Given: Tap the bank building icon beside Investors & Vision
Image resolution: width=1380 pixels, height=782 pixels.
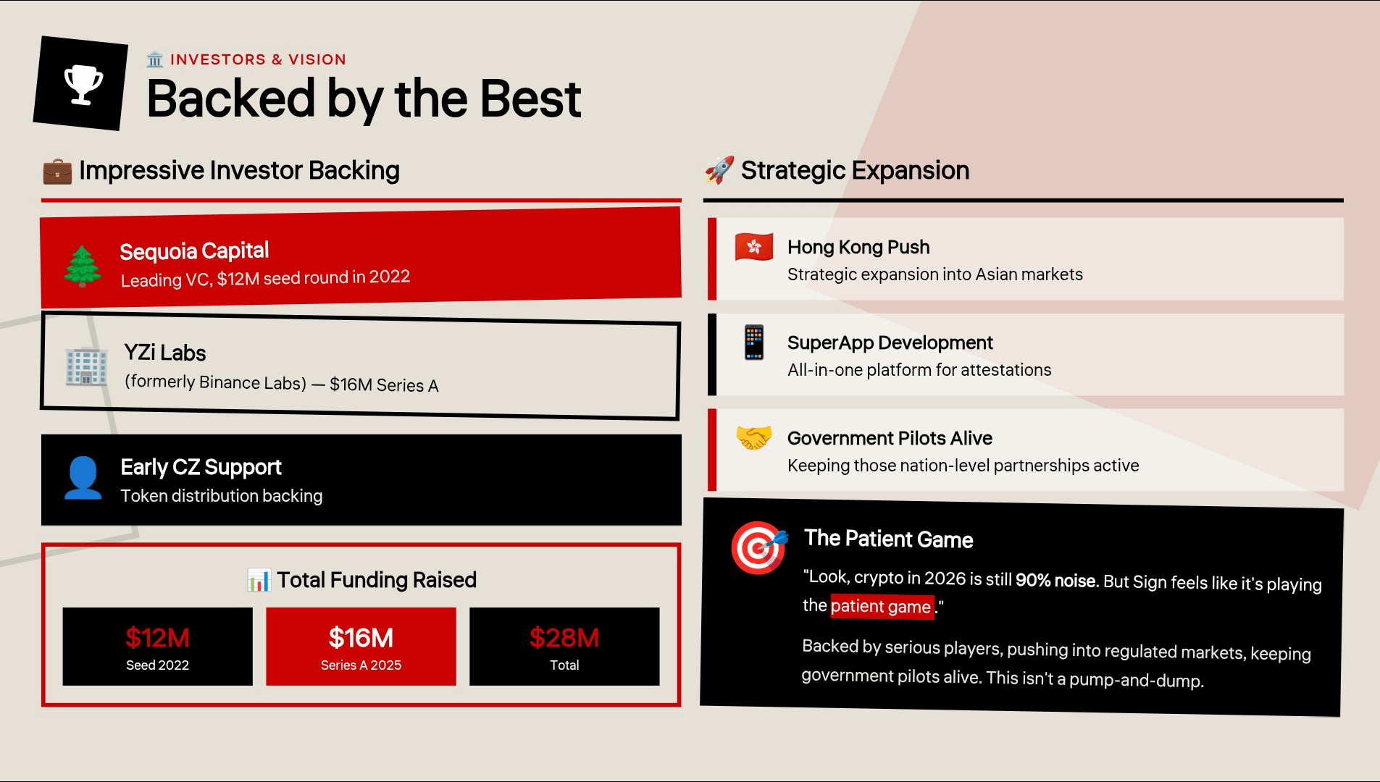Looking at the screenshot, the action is (x=155, y=59).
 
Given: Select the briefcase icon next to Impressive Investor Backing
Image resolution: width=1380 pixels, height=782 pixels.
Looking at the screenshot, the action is (x=57, y=172).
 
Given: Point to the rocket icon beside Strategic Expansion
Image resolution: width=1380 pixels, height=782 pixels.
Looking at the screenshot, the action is (x=719, y=170).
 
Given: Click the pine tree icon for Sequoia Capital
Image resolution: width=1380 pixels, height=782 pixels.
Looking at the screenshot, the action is (x=83, y=266).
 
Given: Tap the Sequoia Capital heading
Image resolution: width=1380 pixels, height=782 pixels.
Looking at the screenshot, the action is (x=194, y=251).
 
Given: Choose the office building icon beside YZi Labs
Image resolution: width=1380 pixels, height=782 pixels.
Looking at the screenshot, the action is (x=86, y=366).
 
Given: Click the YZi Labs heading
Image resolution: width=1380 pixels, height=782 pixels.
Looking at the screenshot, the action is (x=165, y=353).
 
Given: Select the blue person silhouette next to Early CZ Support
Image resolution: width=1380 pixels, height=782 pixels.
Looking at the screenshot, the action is (x=83, y=478).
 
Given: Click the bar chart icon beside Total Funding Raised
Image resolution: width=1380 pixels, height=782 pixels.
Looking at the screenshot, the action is (x=259, y=580).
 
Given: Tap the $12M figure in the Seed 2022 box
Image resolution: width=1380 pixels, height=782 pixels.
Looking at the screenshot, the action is (x=157, y=638).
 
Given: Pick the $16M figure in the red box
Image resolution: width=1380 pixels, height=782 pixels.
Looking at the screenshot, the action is (x=361, y=638).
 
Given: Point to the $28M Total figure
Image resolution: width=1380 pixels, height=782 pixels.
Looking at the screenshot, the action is (x=564, y=638).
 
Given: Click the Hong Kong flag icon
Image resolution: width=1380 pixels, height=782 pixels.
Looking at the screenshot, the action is (x=754, y=247).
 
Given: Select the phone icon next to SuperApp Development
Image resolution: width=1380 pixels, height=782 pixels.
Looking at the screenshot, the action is (x=754, y=342).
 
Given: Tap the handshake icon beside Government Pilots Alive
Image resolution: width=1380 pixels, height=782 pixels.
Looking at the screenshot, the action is (x=754, y=437).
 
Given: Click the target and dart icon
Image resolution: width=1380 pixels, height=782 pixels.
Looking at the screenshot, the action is (x=759, y=547).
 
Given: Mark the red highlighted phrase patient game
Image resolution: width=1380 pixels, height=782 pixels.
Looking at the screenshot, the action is (x=882, y=607).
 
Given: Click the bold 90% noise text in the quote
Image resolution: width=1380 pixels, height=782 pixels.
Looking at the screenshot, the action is (x=1058, y=581).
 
